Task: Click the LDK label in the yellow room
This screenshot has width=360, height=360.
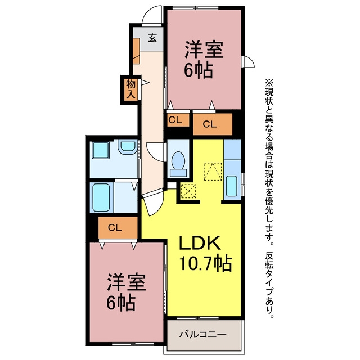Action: [200, 243]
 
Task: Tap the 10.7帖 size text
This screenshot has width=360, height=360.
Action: [205, 264]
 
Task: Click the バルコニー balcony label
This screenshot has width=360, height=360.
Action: [202, 334]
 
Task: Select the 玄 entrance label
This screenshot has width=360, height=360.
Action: [152, 38]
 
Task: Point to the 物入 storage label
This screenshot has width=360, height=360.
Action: [130, 89]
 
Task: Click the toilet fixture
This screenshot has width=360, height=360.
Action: [178, 164]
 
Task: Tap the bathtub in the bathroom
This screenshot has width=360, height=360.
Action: [101, 197]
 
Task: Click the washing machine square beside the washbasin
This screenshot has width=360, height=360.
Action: [100, 150]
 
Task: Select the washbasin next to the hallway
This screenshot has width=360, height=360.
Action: [128, 147]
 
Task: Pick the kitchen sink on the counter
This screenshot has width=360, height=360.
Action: [231, 186]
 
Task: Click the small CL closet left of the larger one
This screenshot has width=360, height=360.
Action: [178, 120]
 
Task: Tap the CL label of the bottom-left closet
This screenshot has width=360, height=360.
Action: [115, 228]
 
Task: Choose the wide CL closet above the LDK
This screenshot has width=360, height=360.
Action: [213, 124]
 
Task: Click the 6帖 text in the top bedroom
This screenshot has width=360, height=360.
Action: [199, 70]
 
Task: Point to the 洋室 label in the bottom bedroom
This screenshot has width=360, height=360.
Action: [126, 282]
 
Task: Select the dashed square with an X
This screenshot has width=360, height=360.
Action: [188, 191]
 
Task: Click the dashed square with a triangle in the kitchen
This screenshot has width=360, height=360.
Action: [213, 172]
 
